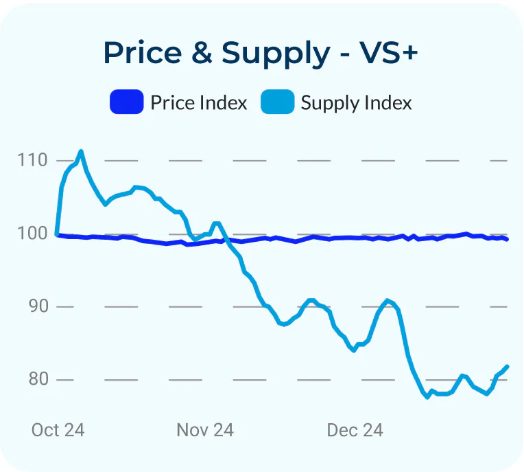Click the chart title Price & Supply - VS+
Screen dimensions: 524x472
tap(261, 54)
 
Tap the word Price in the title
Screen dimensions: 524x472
tap(143, 52)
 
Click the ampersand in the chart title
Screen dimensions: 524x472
tap(202, 52)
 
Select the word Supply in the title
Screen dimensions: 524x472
tap(276, 54)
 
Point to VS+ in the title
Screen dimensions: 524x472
tap(388, 52)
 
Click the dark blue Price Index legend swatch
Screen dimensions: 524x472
tap(127, 102)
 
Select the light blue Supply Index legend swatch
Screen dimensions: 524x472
tap(277, 102)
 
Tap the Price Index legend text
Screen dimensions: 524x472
tap(199, 102)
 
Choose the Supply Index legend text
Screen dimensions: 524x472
tap(356, 103)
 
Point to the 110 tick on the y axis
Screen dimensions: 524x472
tap(32, 160)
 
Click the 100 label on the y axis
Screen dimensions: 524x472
tap(32, 234)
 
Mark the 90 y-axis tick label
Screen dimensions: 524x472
tap(38, 306)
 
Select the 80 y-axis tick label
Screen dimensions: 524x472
tap(38, 379)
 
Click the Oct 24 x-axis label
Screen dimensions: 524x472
tap(58, 430)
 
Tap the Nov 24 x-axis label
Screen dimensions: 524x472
tap(205, 430)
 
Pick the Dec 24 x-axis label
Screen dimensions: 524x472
tap(355, 430)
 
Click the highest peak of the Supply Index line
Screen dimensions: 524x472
tap(81, 152)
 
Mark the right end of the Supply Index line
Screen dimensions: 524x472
tap(508, 367)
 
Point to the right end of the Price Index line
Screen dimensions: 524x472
tap(508, 239)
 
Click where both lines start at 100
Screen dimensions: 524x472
tap(57, 234)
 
